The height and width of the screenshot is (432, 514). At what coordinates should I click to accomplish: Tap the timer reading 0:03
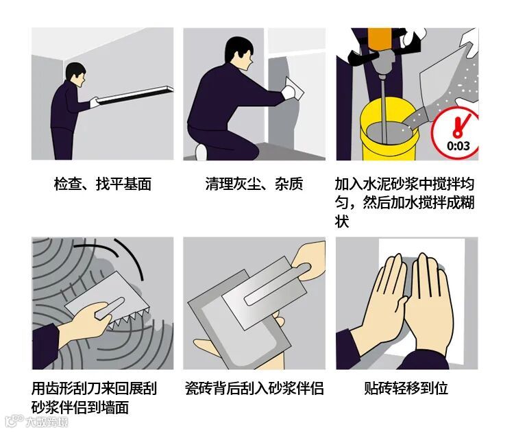[458, 145]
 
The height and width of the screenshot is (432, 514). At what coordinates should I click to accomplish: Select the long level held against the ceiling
[135, 95]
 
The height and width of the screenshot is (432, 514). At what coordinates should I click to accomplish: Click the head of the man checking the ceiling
[75, 74]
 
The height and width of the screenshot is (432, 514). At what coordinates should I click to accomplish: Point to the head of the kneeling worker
[240, 53]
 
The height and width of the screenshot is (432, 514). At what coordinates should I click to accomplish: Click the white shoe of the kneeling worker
[201, 152]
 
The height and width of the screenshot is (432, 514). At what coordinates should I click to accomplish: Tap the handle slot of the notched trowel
[110, 308]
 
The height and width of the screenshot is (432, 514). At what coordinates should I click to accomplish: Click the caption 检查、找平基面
[103, 184]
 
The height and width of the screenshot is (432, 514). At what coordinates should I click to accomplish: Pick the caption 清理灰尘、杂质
[254, 184]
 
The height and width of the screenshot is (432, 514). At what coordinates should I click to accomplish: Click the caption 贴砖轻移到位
[406, 388]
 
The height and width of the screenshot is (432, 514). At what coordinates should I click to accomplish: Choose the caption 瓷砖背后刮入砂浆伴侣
[254, 388]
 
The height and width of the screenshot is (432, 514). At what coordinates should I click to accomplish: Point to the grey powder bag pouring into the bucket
[449, 79]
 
